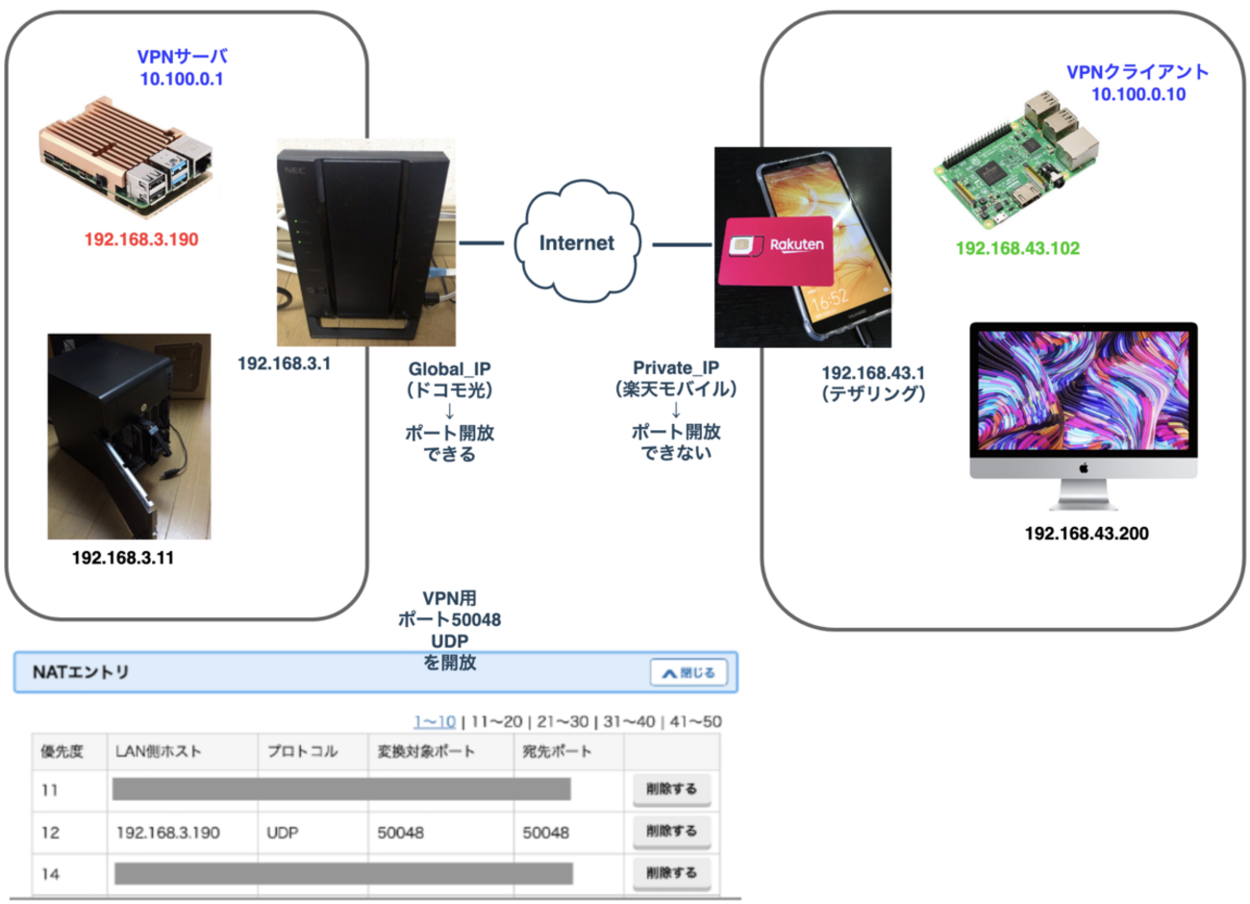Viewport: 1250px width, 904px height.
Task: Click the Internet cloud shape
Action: pyautogui.click(x=576, y=243)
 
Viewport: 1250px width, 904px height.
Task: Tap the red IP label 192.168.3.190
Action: pyautogui.click(x=141, y=239)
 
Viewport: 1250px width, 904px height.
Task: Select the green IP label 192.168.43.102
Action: pyautogui.click(x=1017, y=248)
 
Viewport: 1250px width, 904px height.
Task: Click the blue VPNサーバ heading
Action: pyautogui.click(x=182, y=58)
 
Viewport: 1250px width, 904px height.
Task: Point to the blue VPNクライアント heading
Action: pyautogui.click(x=1137, y=72)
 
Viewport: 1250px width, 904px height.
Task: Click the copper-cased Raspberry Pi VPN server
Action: pyautogui.click(x=125, y=160)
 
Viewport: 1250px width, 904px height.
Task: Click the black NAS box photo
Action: pyautogui.click(x=129, y=437)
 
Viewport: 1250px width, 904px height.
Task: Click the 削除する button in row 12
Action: pyautogui.click(x=671, y=831)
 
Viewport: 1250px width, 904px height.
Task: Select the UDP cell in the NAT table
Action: pyautogui.click(x=282, y=833)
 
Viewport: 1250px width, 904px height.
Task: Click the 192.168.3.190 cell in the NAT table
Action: pyautogui.click(x=167, y=833)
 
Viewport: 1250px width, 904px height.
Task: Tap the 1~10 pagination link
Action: pyautogui.click(x=435, y=721)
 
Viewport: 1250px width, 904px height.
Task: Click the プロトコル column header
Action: pyautogui.click(x=302, y=751)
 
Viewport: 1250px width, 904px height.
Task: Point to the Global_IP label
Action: pyautogui.click(x=449, y=369)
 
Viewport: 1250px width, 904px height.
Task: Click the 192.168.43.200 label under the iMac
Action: pyautogui.click(x=1087, y=534)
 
